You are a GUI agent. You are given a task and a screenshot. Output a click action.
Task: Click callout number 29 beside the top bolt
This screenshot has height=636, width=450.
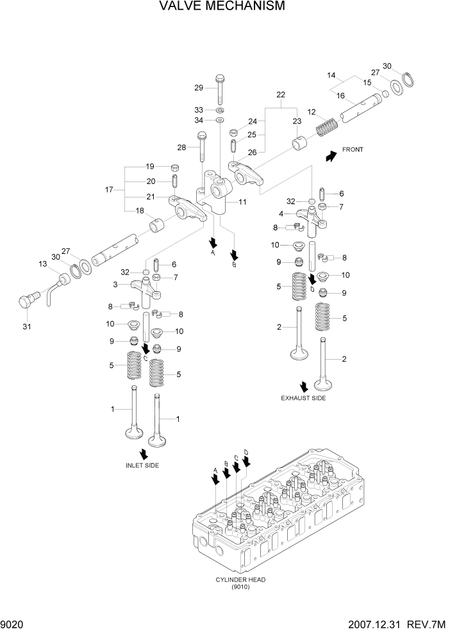point(199,88)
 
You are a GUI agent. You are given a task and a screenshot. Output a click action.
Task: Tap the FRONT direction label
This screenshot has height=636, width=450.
point(353,149)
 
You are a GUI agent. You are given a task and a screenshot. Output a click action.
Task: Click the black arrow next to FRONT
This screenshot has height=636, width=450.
point(331,156)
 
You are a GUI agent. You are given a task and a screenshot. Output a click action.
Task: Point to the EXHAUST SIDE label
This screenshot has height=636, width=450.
point(303,398)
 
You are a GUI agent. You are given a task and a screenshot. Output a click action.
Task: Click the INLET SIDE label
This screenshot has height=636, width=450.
point(142,465)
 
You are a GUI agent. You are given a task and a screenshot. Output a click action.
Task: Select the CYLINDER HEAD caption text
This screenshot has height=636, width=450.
point(240,580)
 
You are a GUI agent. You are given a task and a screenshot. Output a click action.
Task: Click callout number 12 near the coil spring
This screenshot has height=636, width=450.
point(312,112)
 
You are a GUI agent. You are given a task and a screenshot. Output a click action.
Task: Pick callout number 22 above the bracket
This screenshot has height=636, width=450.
point(280,95)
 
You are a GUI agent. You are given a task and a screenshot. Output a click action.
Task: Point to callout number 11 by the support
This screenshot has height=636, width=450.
point(242,202)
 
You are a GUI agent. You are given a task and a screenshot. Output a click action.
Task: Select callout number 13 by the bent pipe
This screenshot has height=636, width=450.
point(43,264)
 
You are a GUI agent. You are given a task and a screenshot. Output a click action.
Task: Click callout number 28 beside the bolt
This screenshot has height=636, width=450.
point(181,148)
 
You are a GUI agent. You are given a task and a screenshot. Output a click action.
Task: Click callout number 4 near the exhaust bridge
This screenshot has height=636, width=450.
point(280,213)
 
